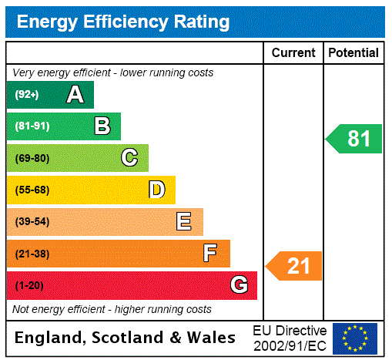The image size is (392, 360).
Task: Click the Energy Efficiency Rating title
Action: click(123, 22)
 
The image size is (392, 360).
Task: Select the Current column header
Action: click(293, 53)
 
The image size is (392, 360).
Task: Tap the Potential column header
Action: click(353, 53)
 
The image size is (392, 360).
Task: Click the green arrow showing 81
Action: click(355, 139)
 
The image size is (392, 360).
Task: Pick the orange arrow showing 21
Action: click(295, 266)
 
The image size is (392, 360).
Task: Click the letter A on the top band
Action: click(75, 95)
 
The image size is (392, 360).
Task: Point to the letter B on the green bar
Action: click(102, 126)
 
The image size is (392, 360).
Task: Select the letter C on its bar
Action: click(129, 158)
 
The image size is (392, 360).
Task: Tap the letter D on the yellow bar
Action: click(156, 190)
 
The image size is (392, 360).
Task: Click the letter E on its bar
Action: click(184, 222)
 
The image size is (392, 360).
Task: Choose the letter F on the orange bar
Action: click(210, 254)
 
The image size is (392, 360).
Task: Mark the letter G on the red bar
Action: click(239, 285)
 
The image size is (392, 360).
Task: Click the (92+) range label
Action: click(27, 95)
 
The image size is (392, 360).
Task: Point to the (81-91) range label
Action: click(32, 126)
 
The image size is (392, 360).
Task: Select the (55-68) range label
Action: click(32, 190)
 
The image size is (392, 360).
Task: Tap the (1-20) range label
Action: click(29, 285)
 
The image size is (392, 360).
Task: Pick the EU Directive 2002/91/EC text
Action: click(290, 338)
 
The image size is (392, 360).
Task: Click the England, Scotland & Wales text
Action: click(126, 338)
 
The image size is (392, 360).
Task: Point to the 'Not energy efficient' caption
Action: click(112, 309)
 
